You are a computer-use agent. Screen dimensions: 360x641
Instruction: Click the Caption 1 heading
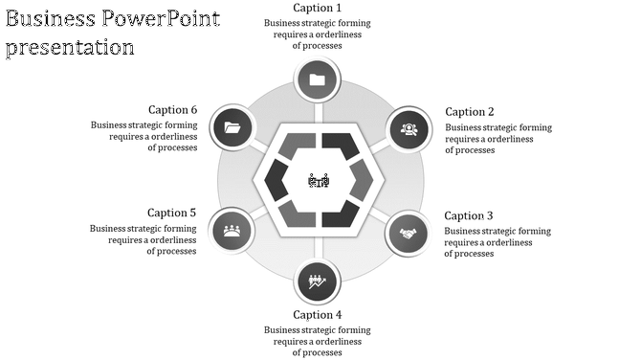pos(318,9)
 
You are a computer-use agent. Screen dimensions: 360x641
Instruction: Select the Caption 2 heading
pos(470,112)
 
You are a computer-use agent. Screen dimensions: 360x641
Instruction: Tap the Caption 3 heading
pos(469,216)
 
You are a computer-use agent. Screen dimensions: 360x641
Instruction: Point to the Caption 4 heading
pos(318,315)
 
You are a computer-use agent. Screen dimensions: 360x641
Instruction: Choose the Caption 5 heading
pos(171,213)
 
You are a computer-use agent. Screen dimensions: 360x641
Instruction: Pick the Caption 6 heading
pos(172,110)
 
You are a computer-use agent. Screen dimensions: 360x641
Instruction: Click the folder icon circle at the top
pos(318,79)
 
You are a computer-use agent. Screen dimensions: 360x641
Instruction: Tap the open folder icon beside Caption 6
pos(232,127)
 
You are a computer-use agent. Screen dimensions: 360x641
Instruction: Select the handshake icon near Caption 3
pos(409,233)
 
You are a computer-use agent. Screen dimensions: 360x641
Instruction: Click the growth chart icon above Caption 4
pos(318,281)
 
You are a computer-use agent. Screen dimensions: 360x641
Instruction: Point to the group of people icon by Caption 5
pos(232,230)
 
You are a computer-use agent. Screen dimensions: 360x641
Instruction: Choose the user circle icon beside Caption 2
pos(409,128)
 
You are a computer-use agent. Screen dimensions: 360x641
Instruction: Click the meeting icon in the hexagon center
pos(319,180)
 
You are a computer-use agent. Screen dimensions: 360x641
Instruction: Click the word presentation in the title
pos(70,47)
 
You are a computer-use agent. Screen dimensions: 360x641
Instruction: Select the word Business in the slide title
pos(50,18)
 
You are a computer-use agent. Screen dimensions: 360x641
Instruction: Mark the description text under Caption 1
pos(318,34)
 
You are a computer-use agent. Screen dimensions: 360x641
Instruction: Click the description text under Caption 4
pos(318,341)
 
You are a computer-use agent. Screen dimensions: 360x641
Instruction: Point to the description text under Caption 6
pos(144,136)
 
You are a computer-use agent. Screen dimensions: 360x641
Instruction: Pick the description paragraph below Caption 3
pos(497,242)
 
